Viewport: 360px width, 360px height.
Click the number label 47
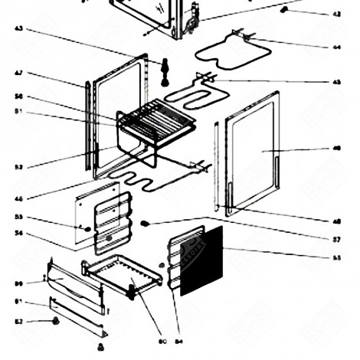18,73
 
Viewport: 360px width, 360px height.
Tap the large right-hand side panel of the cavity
253,153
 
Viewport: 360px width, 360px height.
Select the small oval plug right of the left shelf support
143,223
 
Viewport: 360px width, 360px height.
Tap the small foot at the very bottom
100,348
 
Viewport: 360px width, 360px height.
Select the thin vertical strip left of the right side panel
217,165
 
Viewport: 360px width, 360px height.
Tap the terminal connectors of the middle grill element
205,77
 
